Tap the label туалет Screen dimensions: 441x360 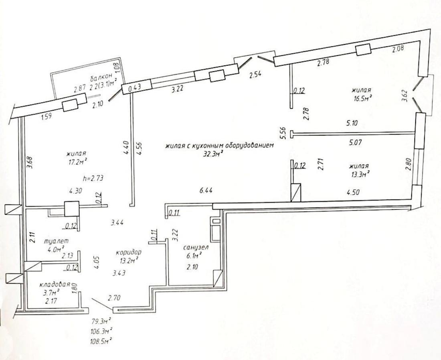(56, 242)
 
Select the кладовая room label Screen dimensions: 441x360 (55, 284)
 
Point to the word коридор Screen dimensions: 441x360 (129, 252)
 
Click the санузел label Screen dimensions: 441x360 (196, 248)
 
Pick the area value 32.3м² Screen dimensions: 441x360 (214, 154)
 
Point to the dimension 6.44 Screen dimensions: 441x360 (206, 191)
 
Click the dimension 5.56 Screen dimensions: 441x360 (283, 133)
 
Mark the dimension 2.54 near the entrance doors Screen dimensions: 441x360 (255, 74)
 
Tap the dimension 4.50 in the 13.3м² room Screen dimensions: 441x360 (353, 193)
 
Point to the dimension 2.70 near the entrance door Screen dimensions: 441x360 (115, 297)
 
